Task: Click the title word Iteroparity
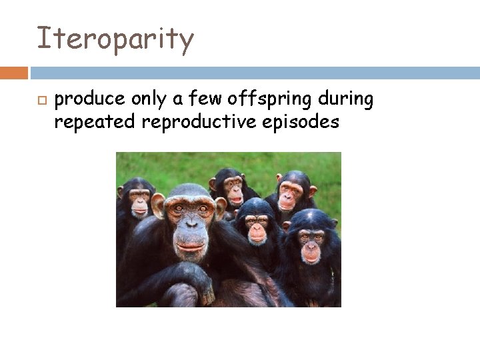click(x=115, y=39)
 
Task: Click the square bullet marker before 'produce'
click(x=41, y=101)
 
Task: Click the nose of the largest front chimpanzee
click(x=190, y=230)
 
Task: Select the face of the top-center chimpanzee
click(x=233, y=189)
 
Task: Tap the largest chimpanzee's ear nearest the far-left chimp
click(x=158, y=206)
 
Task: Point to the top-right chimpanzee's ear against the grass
click(x=313, y=191)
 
